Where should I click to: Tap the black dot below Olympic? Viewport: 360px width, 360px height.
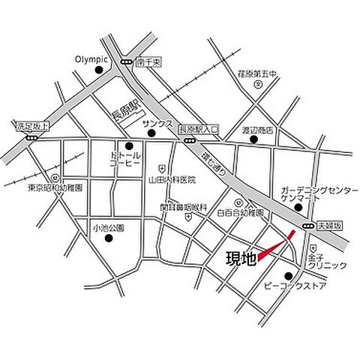[x=99, y=70]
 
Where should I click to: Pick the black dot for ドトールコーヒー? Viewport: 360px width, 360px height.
[x=129, y=146]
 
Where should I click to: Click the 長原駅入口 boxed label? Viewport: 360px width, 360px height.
[x=197, y=129]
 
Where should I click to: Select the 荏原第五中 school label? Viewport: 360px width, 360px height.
[x=257, y=73]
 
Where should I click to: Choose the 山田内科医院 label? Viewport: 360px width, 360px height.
[x=172, y=179]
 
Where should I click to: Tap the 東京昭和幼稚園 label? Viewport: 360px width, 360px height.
[x=54, y=185]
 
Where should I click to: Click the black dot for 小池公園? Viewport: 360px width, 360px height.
[x=109, y=238]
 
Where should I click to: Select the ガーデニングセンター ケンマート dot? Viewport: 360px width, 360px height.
[x=298, y=208]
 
